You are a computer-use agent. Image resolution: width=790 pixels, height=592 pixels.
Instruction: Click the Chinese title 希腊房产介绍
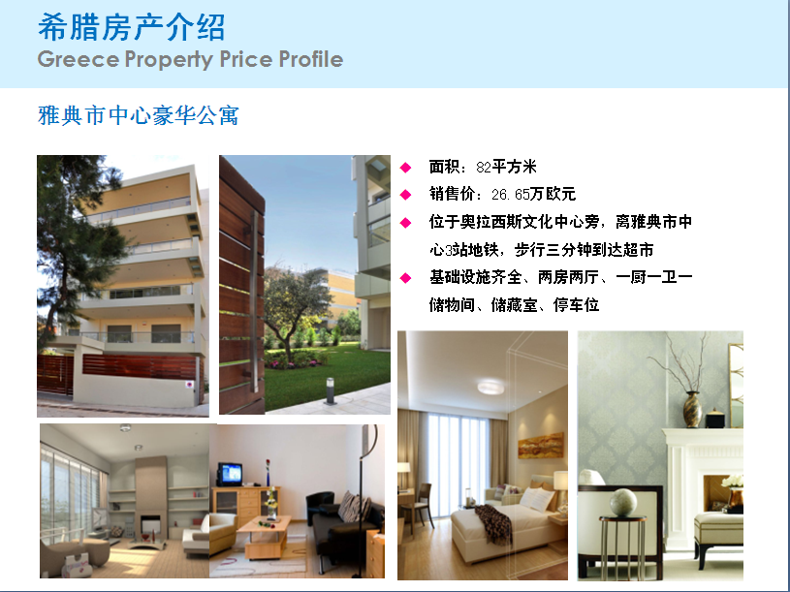(x=132, y=27)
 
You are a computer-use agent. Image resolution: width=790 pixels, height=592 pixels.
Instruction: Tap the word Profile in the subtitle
(x=311, y=59)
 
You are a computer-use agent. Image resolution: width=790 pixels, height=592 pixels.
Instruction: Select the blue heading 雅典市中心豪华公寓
(x=138, y=115)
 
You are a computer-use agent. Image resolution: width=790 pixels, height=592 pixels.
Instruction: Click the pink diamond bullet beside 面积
(x=405, y=168)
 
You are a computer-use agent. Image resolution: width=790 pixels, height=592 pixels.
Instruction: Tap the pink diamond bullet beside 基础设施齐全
(x=405, y=278)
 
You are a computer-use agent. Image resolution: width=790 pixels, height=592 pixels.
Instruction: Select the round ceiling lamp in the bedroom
(x=490, y=387)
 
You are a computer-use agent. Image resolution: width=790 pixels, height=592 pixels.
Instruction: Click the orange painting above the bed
(x=541, y=446)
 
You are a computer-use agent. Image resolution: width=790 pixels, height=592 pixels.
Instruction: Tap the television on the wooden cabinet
(x=230, y=474)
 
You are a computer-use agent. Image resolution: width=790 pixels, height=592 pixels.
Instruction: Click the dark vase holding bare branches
(x=692, y=409)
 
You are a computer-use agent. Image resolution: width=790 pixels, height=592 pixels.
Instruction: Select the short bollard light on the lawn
(x=331, y=391)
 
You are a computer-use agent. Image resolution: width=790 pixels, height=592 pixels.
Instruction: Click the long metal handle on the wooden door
(x=256, y=302)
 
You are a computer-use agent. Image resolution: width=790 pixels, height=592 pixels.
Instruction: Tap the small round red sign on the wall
(x=189, y=385)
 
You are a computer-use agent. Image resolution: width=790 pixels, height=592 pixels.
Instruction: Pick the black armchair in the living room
(x=321, y=507)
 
